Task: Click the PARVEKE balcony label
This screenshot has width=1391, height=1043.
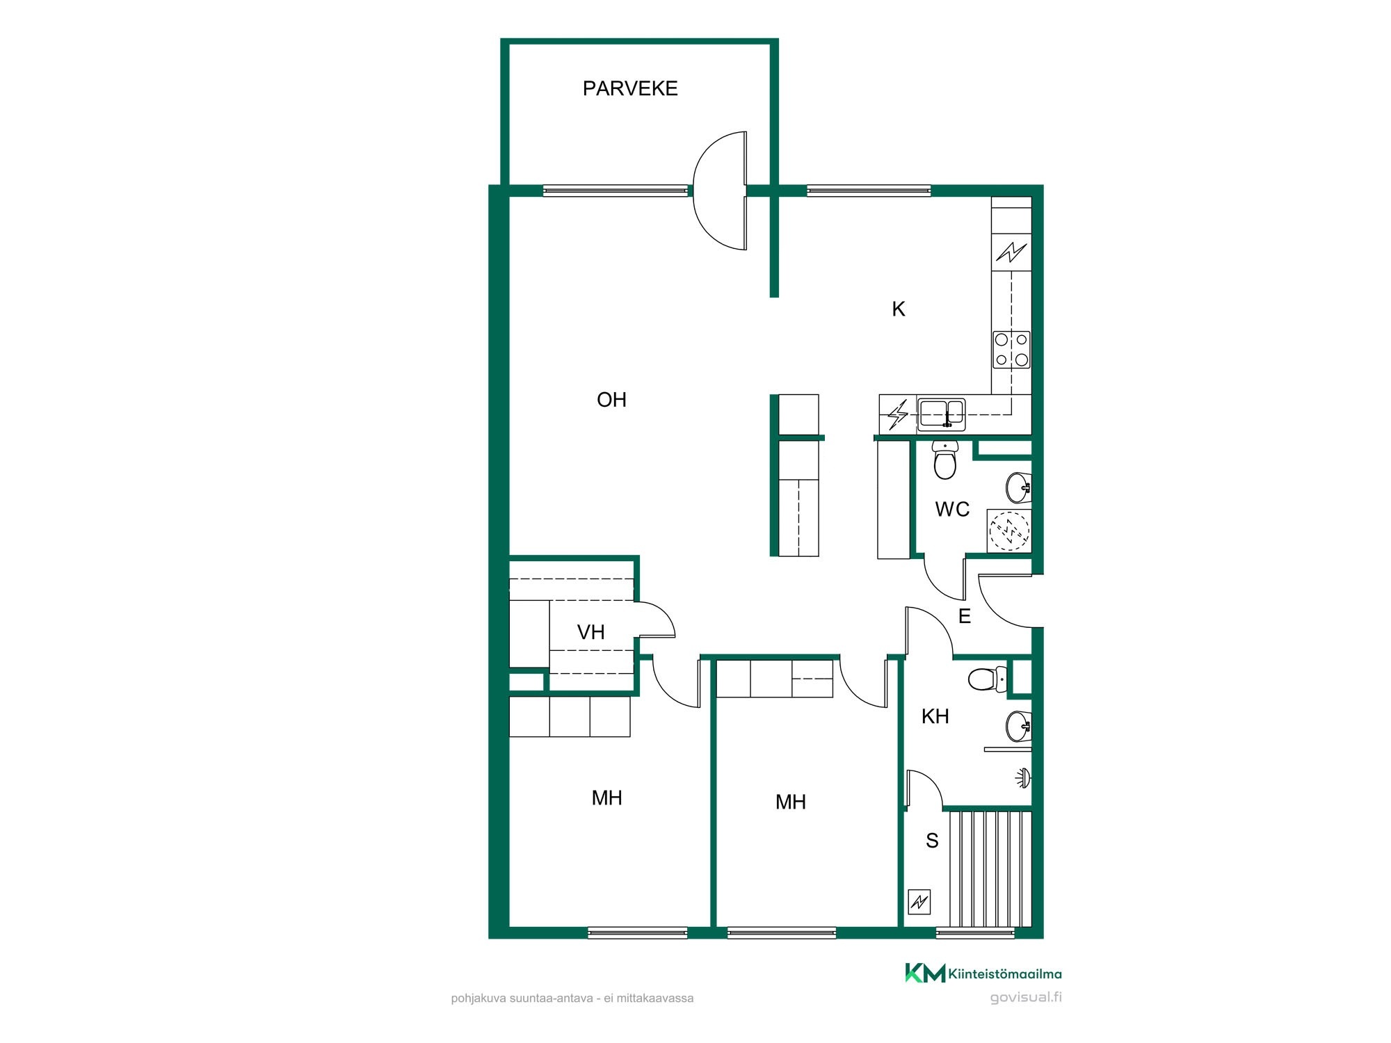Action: tap(630, 88)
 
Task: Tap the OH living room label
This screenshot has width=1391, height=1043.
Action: tap(611, 400)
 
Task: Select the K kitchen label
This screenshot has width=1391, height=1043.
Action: tap(899, 309)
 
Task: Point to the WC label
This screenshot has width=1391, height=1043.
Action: tap(952, 509)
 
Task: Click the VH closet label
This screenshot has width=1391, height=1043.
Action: tap(590, 632)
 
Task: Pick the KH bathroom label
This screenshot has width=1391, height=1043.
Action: tap(935, 716)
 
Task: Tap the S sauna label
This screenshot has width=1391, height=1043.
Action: tap(932, 841)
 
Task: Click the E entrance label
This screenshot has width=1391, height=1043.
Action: tap(965, 616)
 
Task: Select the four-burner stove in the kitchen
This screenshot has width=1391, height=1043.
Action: tap(1011, 350)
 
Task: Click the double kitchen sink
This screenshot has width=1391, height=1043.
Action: tap(941, 414)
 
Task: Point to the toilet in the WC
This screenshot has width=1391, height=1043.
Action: tap(944, 460)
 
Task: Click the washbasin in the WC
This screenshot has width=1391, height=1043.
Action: tap(1019, 487)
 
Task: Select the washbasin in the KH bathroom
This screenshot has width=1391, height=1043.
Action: tap(1019, 727)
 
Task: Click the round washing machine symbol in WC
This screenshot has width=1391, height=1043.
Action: tap(1009, 531)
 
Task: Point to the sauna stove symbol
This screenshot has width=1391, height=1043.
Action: tap(919, 903)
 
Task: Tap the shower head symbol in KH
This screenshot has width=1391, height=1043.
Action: tap(1022, 778)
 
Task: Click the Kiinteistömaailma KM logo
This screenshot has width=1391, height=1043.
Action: tap(983, 973)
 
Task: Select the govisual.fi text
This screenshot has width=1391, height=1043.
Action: tap(1026, 998)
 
